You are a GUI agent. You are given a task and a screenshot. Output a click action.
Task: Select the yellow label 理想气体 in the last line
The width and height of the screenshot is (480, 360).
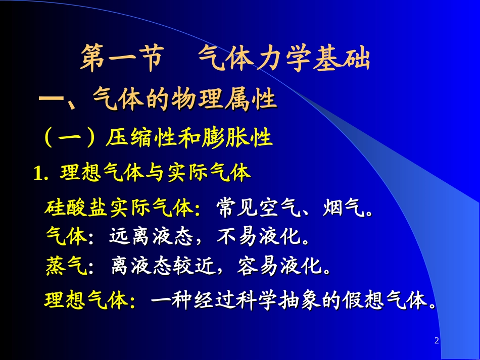pos(86,301)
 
